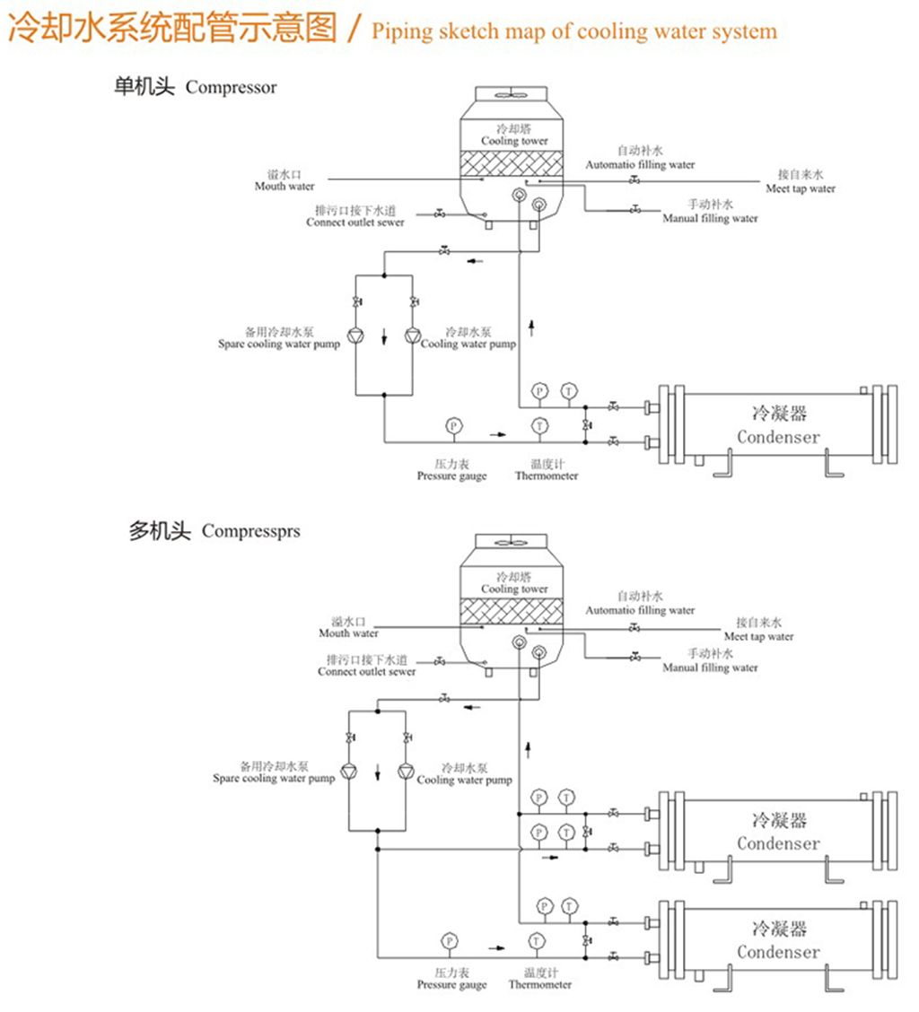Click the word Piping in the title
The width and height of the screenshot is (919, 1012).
pos(401,32)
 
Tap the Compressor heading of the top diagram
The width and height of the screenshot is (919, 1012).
pos(231,88)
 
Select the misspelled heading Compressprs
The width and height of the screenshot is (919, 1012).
pos(250,531)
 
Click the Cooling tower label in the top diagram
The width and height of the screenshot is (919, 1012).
pos(514,141)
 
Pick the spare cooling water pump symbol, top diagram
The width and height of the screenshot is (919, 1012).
pos(356,336)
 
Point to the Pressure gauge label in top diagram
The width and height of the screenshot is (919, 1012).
pos(451,476)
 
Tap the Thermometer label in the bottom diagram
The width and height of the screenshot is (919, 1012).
pos(540,985)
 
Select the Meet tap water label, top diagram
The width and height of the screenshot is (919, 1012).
pos(801,189)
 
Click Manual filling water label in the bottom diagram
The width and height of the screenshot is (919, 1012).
pos(710,667)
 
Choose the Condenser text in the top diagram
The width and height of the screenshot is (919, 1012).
pos(778,437)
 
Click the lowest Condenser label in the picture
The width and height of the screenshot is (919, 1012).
pos(778,952)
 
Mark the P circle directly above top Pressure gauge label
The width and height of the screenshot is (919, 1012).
pos(453,424)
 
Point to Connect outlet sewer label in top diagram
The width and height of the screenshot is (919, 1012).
pos(355,222)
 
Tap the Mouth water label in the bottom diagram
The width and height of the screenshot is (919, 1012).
pos(348,633)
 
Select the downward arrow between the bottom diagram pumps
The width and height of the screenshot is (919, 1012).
pos(379,771)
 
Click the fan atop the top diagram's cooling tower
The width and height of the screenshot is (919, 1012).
pos(514,92)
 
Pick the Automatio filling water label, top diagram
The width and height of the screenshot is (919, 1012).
pos(640,165)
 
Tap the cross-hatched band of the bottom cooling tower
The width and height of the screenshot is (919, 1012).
pos(514,610)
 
